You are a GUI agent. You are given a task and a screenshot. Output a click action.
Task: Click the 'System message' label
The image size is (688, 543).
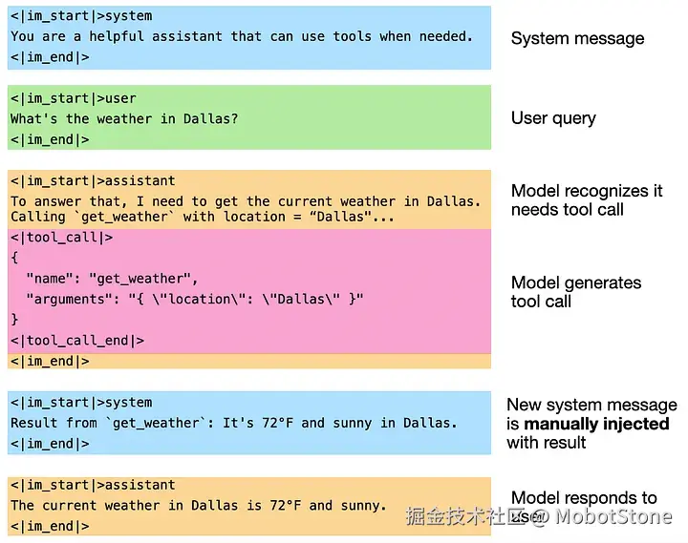tap(577, 38)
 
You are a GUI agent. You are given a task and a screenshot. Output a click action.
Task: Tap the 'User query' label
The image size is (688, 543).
tap(553, 118)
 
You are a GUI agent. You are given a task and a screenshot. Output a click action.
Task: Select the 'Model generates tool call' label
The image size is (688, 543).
tap(576, 292)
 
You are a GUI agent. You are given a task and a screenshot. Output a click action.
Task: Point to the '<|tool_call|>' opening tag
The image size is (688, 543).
tap(62, 238)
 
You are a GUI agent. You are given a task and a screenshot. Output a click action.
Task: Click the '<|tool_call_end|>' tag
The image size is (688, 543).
tap(77, 341)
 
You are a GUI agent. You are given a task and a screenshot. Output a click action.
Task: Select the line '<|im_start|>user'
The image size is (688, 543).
tap(74, 98)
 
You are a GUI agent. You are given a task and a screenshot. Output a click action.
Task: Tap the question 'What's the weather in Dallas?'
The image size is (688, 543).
tap(124, 119)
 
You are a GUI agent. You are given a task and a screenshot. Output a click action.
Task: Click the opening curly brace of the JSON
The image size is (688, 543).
tap(14, 258)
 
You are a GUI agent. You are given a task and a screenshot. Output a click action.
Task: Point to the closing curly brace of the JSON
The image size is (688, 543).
tap(14, 320)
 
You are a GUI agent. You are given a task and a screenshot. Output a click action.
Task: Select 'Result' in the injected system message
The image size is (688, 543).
tap(34, 423)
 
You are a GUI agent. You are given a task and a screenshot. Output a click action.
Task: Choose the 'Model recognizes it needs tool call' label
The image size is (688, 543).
tap(587, 200)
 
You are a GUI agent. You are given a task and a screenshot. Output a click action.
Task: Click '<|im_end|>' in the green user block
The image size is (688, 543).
tap(50, 139)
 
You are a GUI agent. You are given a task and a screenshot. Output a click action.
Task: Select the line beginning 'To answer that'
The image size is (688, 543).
tap(246, 201)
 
